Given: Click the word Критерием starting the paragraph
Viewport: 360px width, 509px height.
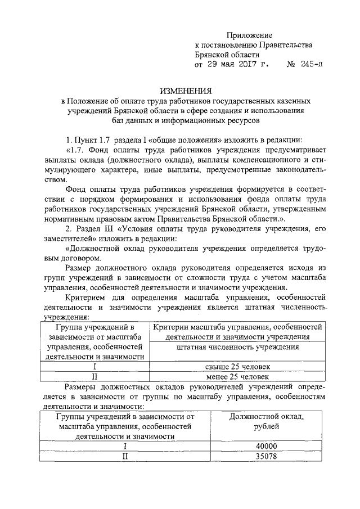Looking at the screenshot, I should (x=85, y=296).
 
